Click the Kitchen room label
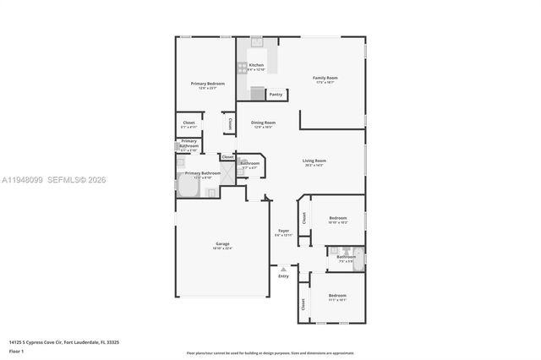pos(256,65)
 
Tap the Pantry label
pos(276,95)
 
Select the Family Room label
pos(325,78)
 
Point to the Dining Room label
pos(263,123)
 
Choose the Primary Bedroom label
pos(207,84)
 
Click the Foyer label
pos(284,231)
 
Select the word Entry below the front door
pos(283,276)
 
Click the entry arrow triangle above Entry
pos(283,270)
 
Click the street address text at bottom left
pos(63,342)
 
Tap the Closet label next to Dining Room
pos(229,123)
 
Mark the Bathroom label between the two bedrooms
pos(347,257)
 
